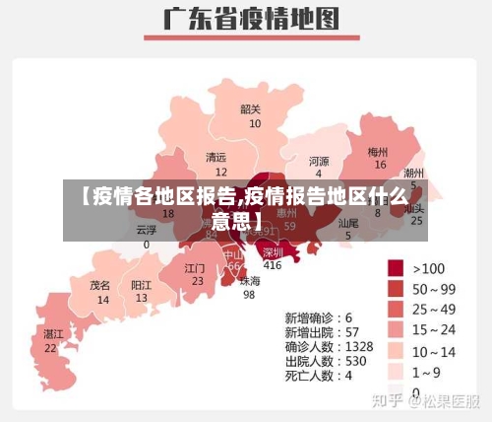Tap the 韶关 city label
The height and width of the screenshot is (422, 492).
pos(251,109)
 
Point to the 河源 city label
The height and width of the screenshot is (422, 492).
pos(319,161)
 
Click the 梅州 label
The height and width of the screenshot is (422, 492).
pos(378,152)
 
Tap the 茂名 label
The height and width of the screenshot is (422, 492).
pos(100,285)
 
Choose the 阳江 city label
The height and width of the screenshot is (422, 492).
pos(142,285)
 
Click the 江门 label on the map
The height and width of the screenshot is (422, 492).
pos(196,267)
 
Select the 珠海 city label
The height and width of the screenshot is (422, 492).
pos(250,280)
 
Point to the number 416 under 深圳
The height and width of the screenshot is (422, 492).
pos(272,265)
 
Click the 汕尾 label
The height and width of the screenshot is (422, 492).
pos(348,224)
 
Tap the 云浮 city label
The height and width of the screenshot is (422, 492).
pos(147,229)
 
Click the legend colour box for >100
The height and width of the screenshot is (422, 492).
pos(397,267)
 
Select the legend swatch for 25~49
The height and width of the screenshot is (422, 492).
pos(397,309)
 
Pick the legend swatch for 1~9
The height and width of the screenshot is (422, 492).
pos(397,371)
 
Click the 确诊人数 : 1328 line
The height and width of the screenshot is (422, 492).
pos(329,347)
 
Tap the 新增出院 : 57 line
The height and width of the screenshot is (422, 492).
pos(321,332)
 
